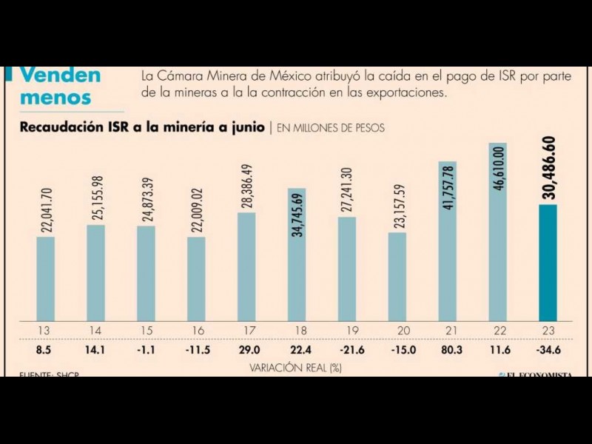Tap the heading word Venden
coord(60,75)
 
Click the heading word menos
coord(55,97)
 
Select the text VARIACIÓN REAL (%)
coord(296,366)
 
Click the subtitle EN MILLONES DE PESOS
coord(331,128)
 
